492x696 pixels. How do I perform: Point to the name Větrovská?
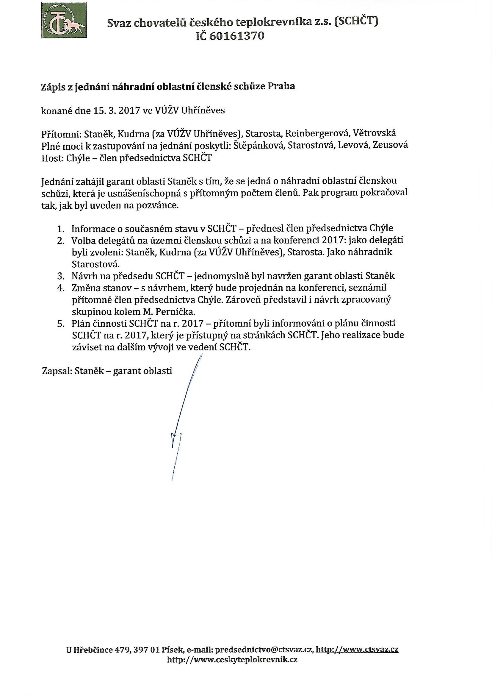(x=373, y=133)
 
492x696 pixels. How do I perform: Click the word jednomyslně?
(x=225, y=276)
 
